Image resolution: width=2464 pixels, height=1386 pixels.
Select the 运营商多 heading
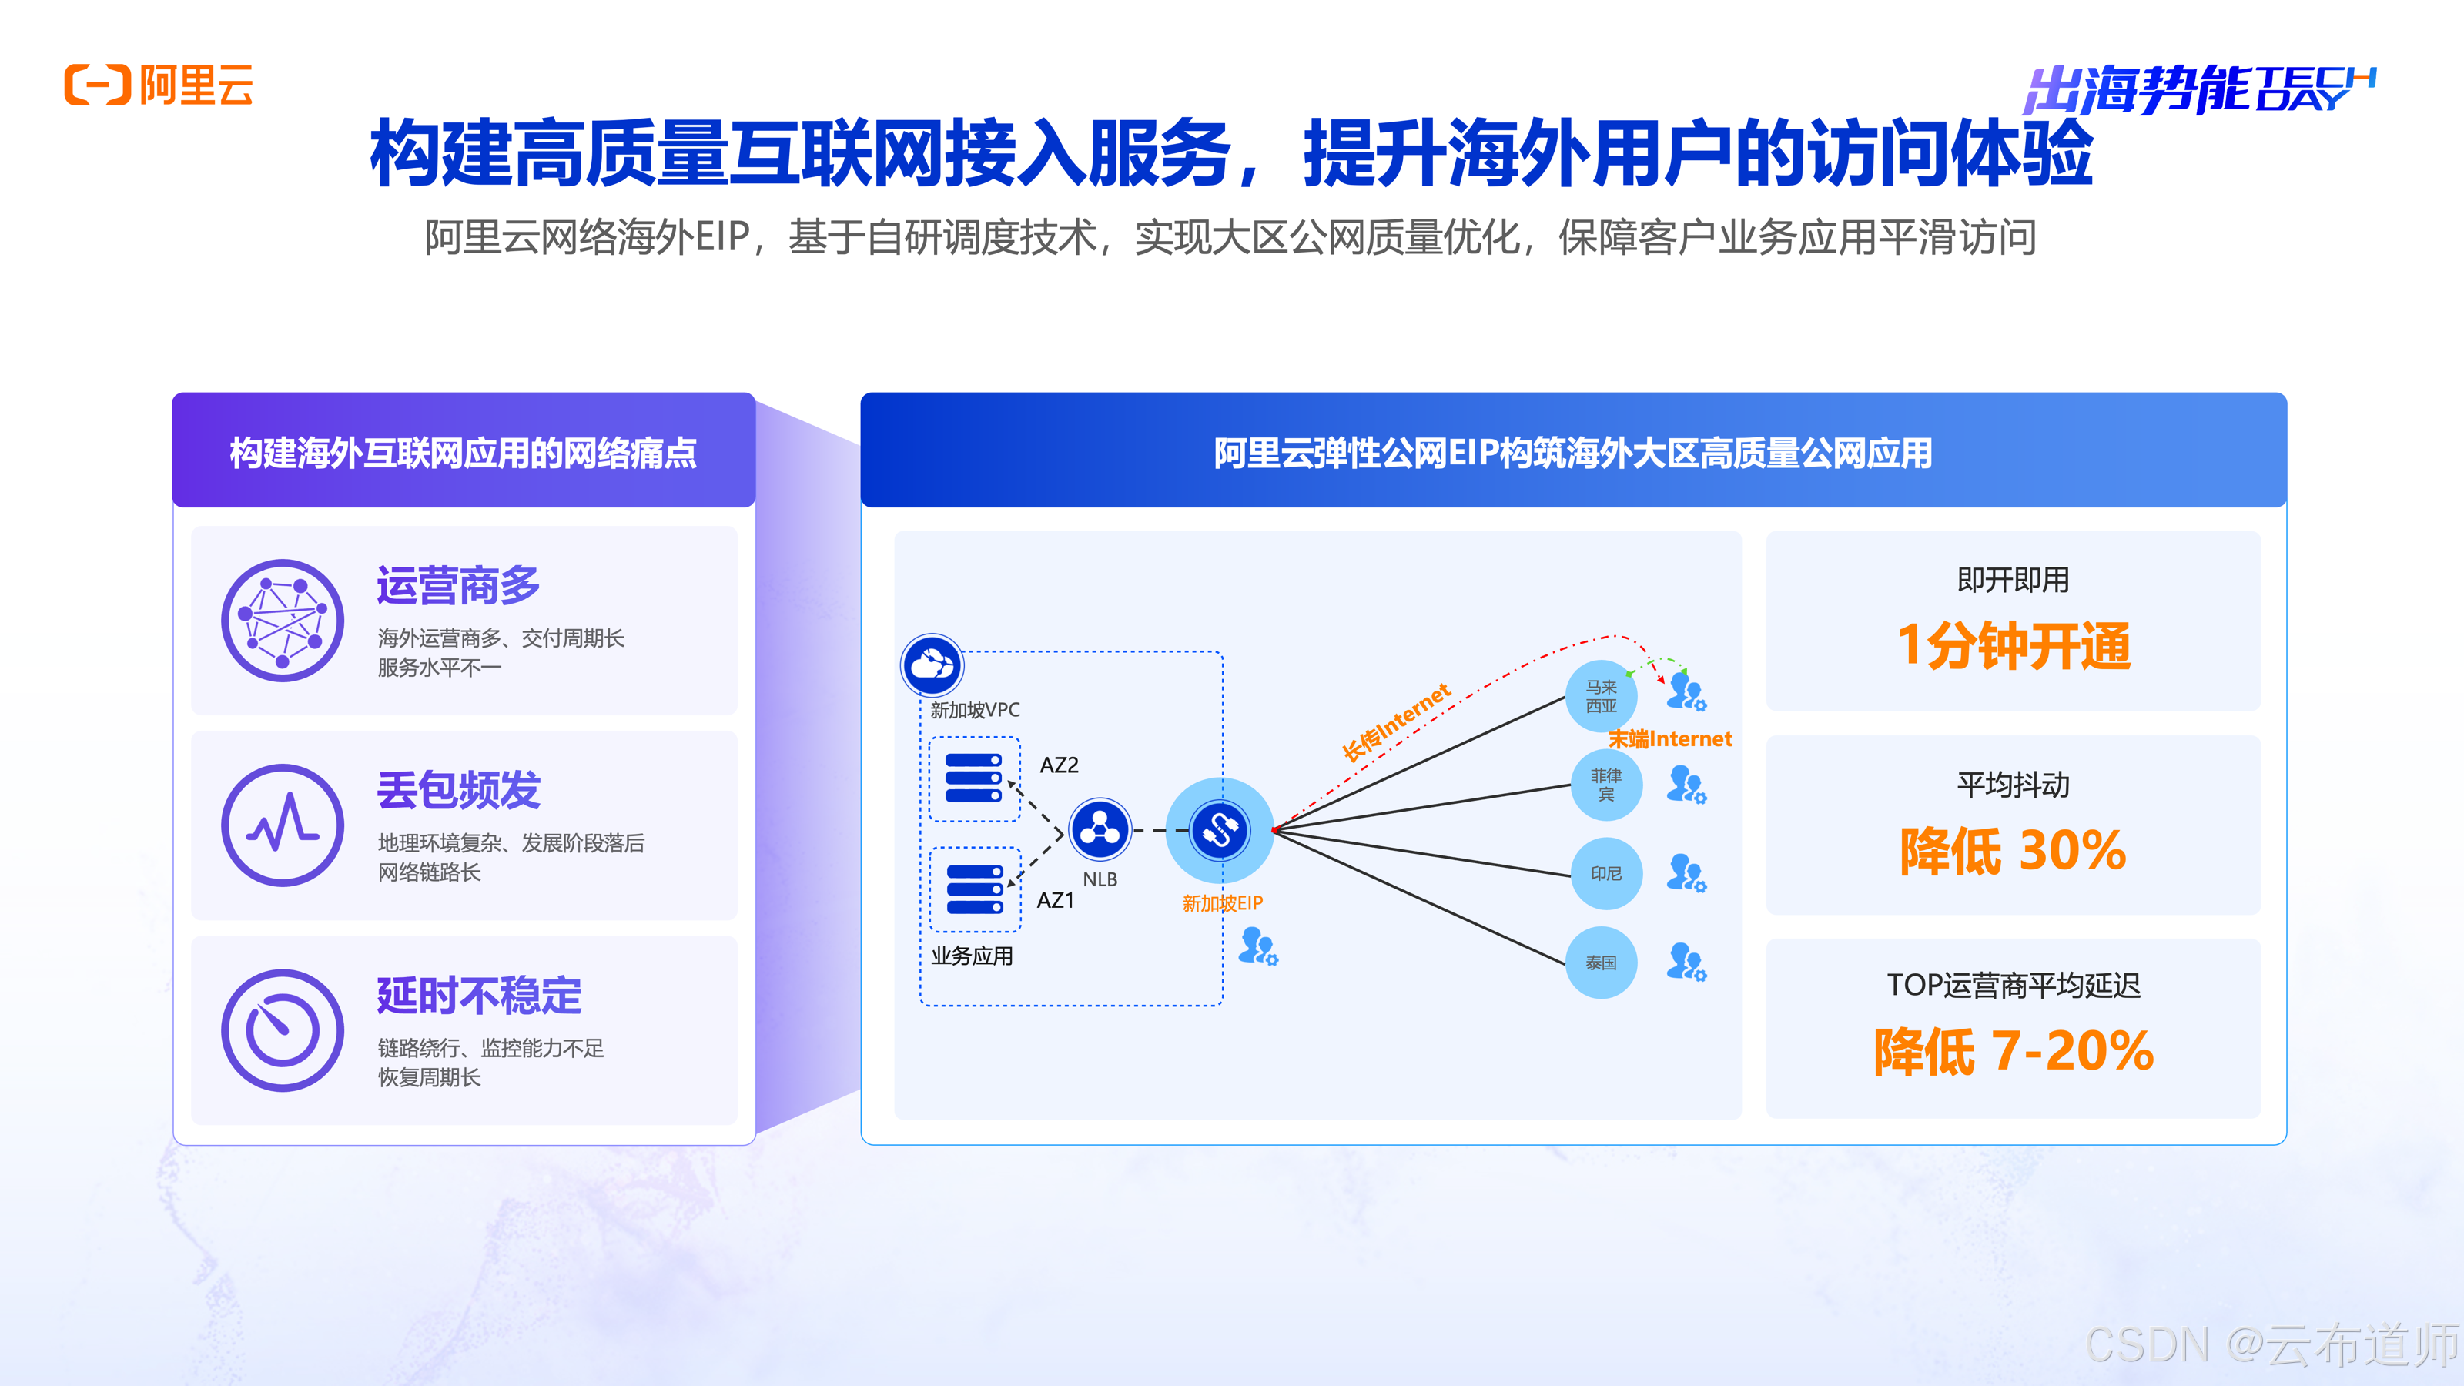(458, 585)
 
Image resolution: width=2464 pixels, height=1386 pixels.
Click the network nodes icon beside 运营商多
(282, 621)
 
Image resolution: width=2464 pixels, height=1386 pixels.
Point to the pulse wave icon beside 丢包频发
(282, 825)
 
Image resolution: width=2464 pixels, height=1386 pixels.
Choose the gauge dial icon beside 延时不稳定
(282, 1030)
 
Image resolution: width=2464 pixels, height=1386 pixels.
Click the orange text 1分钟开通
(2014, 646)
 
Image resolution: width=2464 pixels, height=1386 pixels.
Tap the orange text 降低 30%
(2014, 850)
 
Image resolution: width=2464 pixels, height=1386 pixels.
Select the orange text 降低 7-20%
(2014, 1051)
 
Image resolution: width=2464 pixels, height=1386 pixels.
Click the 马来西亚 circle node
(1602, 695)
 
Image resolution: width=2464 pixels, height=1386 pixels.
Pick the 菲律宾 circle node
(1606, 785)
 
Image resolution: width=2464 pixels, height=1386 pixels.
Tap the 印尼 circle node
(1606, 873)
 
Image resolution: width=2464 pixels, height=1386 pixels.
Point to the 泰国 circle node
(1602, 962)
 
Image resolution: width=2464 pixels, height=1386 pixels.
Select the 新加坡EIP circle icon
(1220, 829)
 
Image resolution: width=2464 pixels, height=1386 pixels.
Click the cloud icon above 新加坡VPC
(932, 665)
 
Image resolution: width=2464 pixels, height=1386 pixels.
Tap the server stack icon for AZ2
(974, 778)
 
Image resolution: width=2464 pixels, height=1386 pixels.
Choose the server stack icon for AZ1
(975, 889)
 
